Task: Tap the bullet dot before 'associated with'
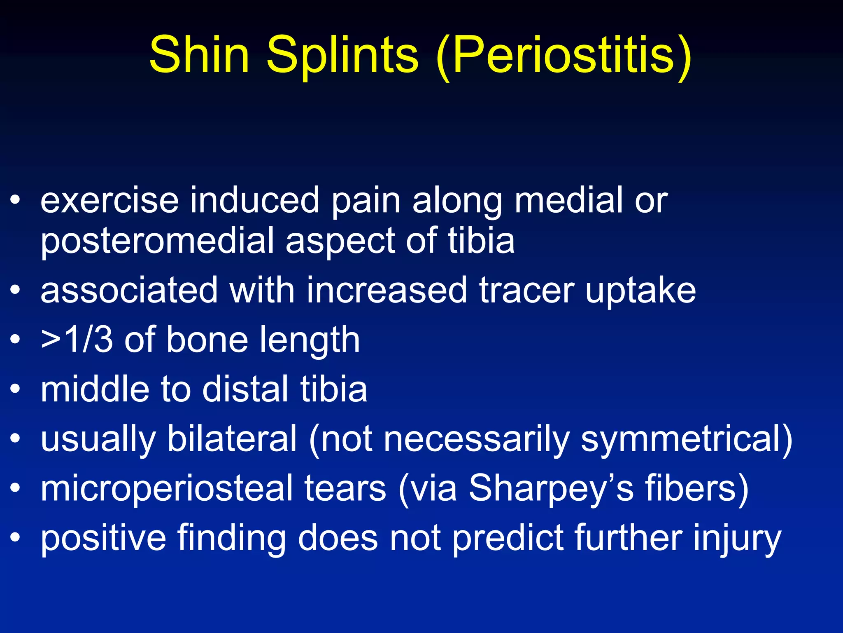pos(15,291)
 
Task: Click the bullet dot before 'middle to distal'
pos(15,389)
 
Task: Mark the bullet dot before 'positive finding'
pos(15,538)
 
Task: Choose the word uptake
pos(640,292)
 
